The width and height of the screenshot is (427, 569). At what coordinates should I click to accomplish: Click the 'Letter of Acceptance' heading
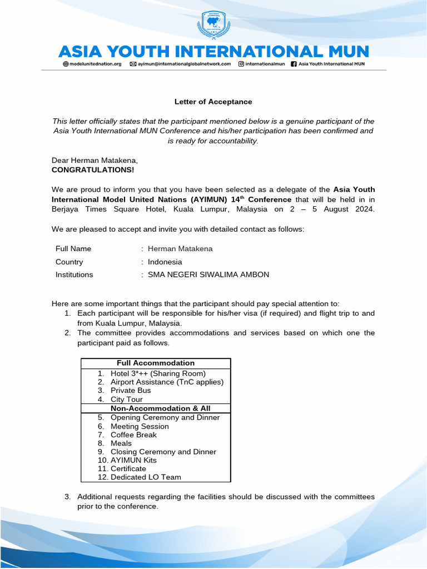(x=213, y=102)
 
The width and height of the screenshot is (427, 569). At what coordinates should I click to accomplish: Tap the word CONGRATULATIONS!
(x=93, y=169)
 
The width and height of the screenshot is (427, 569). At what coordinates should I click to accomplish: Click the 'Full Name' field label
(x=73, y=249)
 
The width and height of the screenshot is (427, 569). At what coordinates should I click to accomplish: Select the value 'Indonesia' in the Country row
(x=165, y=262)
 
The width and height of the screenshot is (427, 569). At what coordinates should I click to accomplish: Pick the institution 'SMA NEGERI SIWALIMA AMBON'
(x=208, y=274)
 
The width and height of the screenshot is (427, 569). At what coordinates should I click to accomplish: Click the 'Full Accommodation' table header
(x=156, y=363)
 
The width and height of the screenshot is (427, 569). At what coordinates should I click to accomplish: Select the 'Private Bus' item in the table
(x=131, y=391)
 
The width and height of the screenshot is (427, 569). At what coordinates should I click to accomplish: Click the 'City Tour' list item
(x=127, y=400)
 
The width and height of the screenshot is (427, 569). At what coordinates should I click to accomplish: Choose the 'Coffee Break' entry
(x=133, y=435)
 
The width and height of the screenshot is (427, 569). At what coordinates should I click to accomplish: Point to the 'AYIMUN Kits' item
(x=133, y=460)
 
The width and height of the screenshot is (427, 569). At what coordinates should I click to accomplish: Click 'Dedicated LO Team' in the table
(x=146, y=477)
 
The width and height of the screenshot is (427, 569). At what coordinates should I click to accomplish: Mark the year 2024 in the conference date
(x=365, y=209)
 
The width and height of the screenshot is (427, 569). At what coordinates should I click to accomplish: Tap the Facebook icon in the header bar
(x=294, y=64)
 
